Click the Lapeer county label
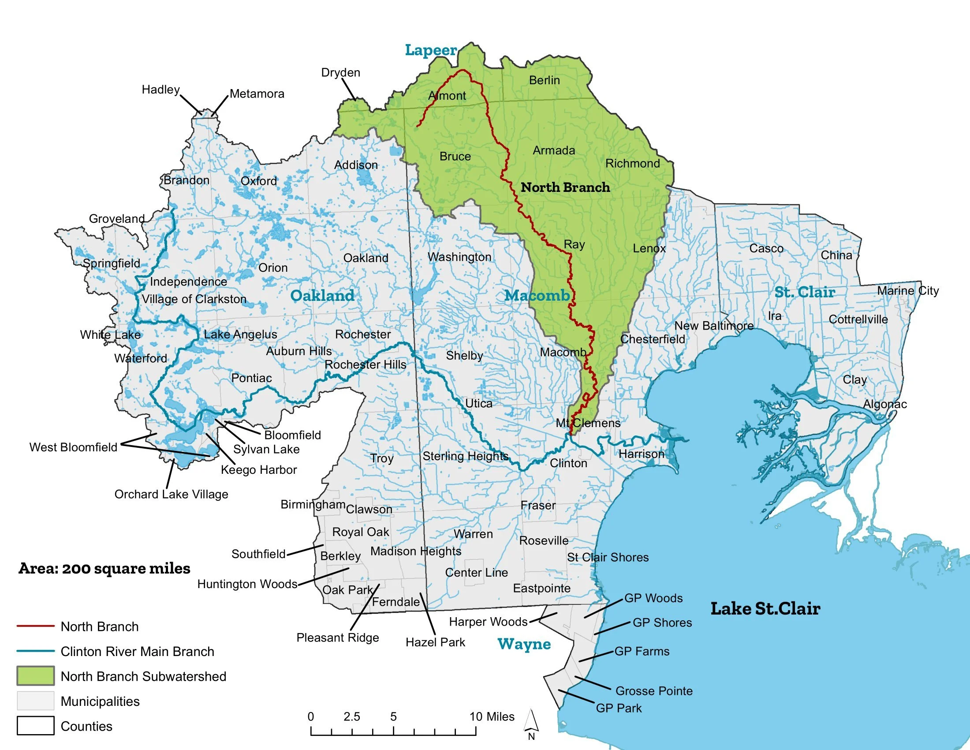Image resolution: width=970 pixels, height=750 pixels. click(x=431, y=50)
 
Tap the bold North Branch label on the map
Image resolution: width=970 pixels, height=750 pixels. click(x=565, y=187)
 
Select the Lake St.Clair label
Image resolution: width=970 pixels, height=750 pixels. click(x=765, y=609)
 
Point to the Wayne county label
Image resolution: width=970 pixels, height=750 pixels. click(x=524, y=644)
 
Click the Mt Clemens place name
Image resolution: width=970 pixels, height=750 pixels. click(x=588, y=423)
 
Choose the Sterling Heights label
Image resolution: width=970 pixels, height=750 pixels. click(x=466, y=456)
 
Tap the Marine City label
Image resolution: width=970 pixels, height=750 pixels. click(x=908, y=291)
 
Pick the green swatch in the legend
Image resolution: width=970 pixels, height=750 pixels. click(x=36, y=676)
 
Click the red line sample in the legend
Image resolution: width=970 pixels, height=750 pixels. click(x=36, y=626)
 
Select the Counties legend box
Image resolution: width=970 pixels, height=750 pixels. click(x=36, y=726)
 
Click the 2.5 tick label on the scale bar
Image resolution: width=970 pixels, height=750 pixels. click(x=352, y=716)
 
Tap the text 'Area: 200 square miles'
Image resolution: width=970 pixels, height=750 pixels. click(x=104, y=569)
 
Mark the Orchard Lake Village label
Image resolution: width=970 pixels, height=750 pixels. click(x=172, y=494)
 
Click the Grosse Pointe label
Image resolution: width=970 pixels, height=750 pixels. click(x=654, y=691)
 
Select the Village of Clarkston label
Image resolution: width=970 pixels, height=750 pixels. click(x=194, y=299)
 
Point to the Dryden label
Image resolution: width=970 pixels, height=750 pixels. click(x=341, y=72)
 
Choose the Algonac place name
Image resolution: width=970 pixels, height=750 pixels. click(x=885, y=404)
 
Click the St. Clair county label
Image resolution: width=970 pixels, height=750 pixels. click(x=805, y=292)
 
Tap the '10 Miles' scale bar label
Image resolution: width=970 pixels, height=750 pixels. click(x=492, y=716)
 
